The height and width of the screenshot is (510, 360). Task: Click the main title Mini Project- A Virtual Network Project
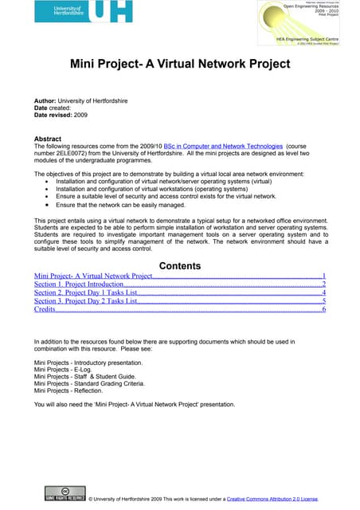[x=179, y=65]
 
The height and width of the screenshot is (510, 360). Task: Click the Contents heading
[x=179, y=266]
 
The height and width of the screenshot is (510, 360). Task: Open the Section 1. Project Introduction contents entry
[x=79, y=284]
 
